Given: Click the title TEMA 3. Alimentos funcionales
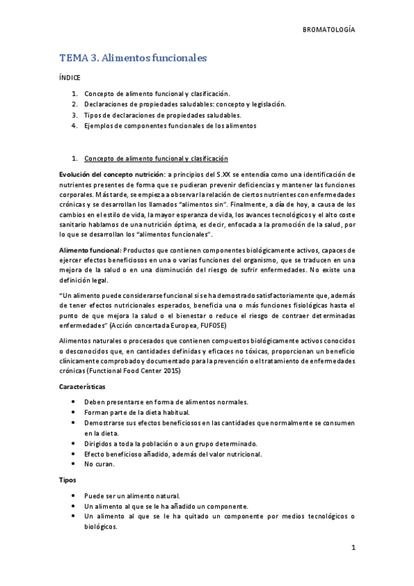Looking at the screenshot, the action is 133,59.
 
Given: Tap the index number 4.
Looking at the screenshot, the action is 74,126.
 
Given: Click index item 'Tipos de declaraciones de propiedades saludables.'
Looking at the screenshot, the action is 162,115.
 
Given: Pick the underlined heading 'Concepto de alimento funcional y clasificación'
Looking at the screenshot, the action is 156,158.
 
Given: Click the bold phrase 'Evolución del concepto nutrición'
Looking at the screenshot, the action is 112,175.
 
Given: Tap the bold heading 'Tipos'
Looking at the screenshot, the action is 67,480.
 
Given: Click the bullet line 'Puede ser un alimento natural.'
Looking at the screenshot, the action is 132,495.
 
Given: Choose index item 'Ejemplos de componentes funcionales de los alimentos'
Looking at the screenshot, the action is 170,126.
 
